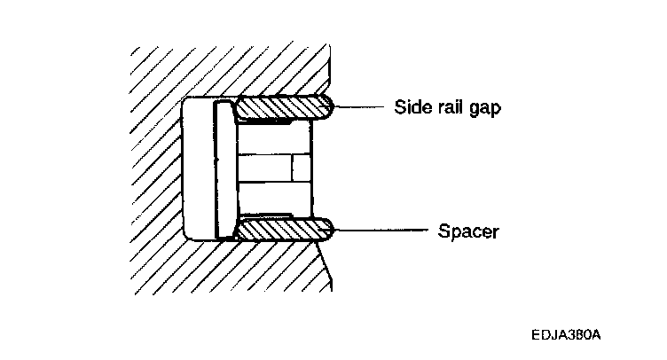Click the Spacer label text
(468, 232)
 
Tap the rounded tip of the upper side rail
(327, 108)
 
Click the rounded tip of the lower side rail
(327, 230)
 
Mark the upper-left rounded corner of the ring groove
(188, 103)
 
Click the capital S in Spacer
(443, 232)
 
